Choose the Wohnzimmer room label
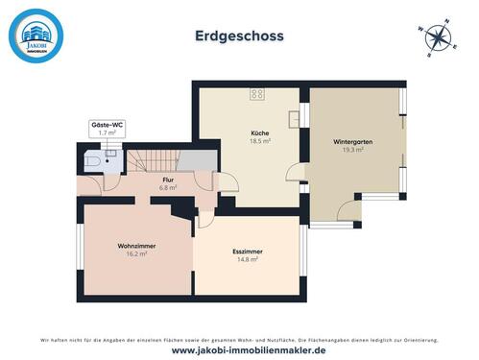[x=137, y=247]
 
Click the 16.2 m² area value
[x=137, y=254]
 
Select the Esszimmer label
[x=247, y=252]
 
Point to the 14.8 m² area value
[x=247, y=259]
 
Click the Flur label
[x=167, y=180]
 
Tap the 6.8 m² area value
[x=167, y=188]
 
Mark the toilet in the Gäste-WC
[x=89, y=163]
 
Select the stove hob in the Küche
[x=257, y=94]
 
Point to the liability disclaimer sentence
[x=239, y=340]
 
